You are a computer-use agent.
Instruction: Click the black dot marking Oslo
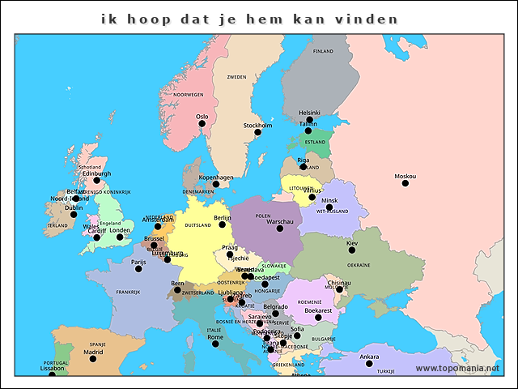pos(202,124)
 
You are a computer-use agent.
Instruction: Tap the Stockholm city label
pos(257,126)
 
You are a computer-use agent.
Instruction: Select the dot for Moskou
pos(405,183)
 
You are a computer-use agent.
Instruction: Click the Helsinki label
pos(309,113)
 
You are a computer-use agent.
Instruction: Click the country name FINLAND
pos(323,51)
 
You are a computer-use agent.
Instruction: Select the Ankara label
pos(369,357)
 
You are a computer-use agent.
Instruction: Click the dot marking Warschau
pos(280,229)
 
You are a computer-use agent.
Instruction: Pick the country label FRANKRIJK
pos(128,293)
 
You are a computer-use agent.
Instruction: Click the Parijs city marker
pos(138,269)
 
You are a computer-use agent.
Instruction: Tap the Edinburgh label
pos(96,173)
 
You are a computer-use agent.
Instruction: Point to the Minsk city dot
pos(329,207)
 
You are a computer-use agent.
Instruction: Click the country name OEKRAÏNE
pos(359,265)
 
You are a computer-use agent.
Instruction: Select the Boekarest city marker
pos(318,317)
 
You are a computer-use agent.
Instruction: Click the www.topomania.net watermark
pos(458,368)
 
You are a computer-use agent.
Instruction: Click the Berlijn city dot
pos(222,224)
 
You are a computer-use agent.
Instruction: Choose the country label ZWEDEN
pos(236,77)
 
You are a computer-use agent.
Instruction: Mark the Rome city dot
pos(215,344)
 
